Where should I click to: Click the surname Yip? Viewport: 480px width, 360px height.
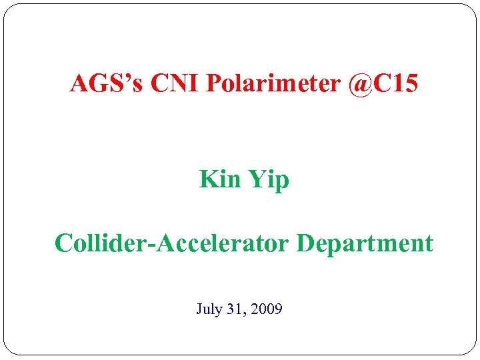click(x=269, y=180)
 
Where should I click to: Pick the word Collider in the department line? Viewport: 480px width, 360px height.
click(x=102, y=243)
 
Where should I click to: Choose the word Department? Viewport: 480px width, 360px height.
click(x=365, y=244)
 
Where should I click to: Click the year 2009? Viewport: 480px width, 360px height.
click(x=266, y=309)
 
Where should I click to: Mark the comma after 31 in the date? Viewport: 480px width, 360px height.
click(x=245, y=314)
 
